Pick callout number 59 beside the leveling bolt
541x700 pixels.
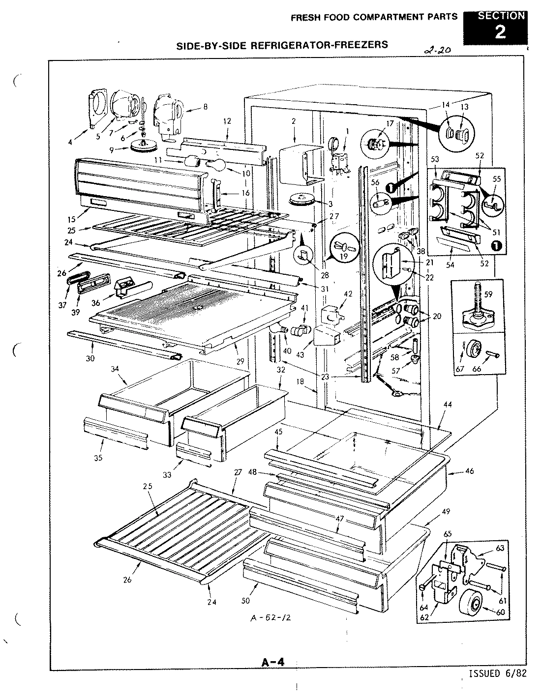(x=488, y=295)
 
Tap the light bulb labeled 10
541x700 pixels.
(x=216, y=166)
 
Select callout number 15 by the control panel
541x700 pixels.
(x=80, y=212)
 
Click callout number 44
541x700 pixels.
(x=447, y=404)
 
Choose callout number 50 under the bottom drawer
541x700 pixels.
(x=246, y=601)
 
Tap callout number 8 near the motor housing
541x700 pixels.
(x=205, y=106)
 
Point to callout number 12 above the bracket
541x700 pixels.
(x=227, y=120)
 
